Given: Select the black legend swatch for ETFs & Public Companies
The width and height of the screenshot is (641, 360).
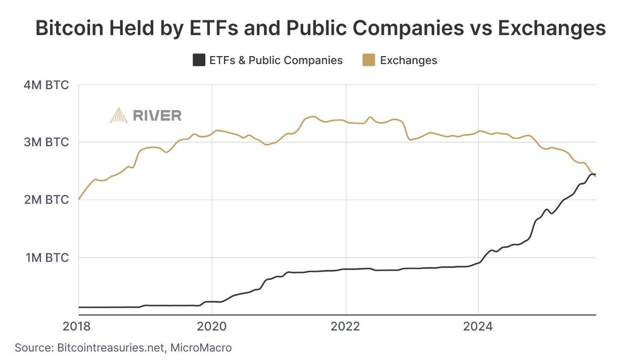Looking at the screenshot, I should (x=199, y=60).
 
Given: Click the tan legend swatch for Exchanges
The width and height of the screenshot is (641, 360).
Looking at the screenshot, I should (x=369, y=60).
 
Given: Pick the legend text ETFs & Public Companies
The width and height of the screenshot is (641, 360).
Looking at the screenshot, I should (x=275, y=60).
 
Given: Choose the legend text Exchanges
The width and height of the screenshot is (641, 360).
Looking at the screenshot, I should (x=409, y=60).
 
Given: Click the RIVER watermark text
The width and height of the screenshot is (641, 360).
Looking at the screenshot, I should (x=158, y=115).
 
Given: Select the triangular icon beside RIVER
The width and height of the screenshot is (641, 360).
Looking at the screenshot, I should (x=119, y=115).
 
